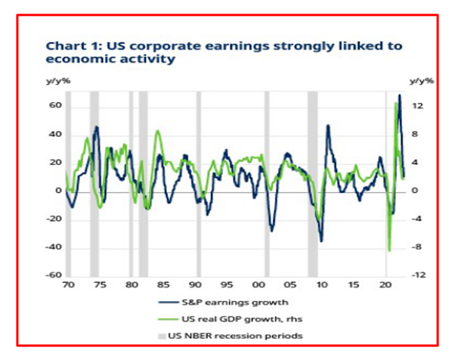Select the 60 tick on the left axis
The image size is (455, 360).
tap(54, 106)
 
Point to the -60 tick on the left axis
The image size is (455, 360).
tap(52, 276)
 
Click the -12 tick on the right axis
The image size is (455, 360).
tap(421, 276)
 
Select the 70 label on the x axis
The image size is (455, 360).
tap(69, 287)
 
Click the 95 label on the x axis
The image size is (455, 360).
tap(227, 287)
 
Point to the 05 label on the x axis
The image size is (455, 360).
tap(290, 287)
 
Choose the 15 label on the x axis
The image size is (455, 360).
tap(354, 287)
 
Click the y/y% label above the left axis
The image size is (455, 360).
tap(58, 80)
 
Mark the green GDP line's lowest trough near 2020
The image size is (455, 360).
tap(389, 250)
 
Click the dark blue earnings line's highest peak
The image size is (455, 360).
tap(399, 95)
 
